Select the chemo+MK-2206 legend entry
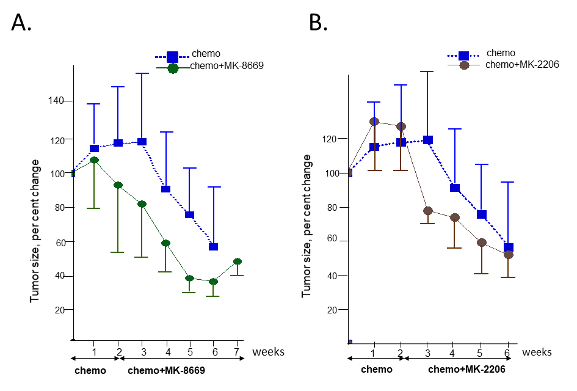click(523, 64)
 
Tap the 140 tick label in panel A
click(56, 101)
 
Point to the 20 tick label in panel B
click(331, 310)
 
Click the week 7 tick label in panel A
click(237, 352)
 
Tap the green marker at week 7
click(237, 261)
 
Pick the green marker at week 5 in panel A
click(189, 278)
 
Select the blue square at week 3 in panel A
click(142, 142)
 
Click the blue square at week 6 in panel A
click(213, 247)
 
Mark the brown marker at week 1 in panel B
click(374, 122)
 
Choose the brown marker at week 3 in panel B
click(428, 211)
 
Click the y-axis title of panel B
click(307, 226)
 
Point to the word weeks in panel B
click(538, 352)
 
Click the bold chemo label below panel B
click(377, 370)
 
